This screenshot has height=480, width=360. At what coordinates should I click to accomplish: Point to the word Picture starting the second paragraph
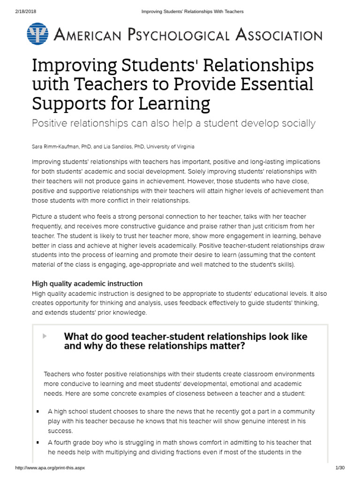(x=42, y=217)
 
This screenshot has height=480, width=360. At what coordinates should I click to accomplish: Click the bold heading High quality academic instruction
(x=87, y=284)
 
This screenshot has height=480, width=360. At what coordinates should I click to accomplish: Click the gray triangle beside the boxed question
(x=45, y=336)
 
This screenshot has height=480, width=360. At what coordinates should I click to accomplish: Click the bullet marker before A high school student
(x=37, y=412)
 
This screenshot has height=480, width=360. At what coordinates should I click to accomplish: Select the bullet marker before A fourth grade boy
(x=37, y=442)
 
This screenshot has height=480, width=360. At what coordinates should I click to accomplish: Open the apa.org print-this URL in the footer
(x=50, y=468)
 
